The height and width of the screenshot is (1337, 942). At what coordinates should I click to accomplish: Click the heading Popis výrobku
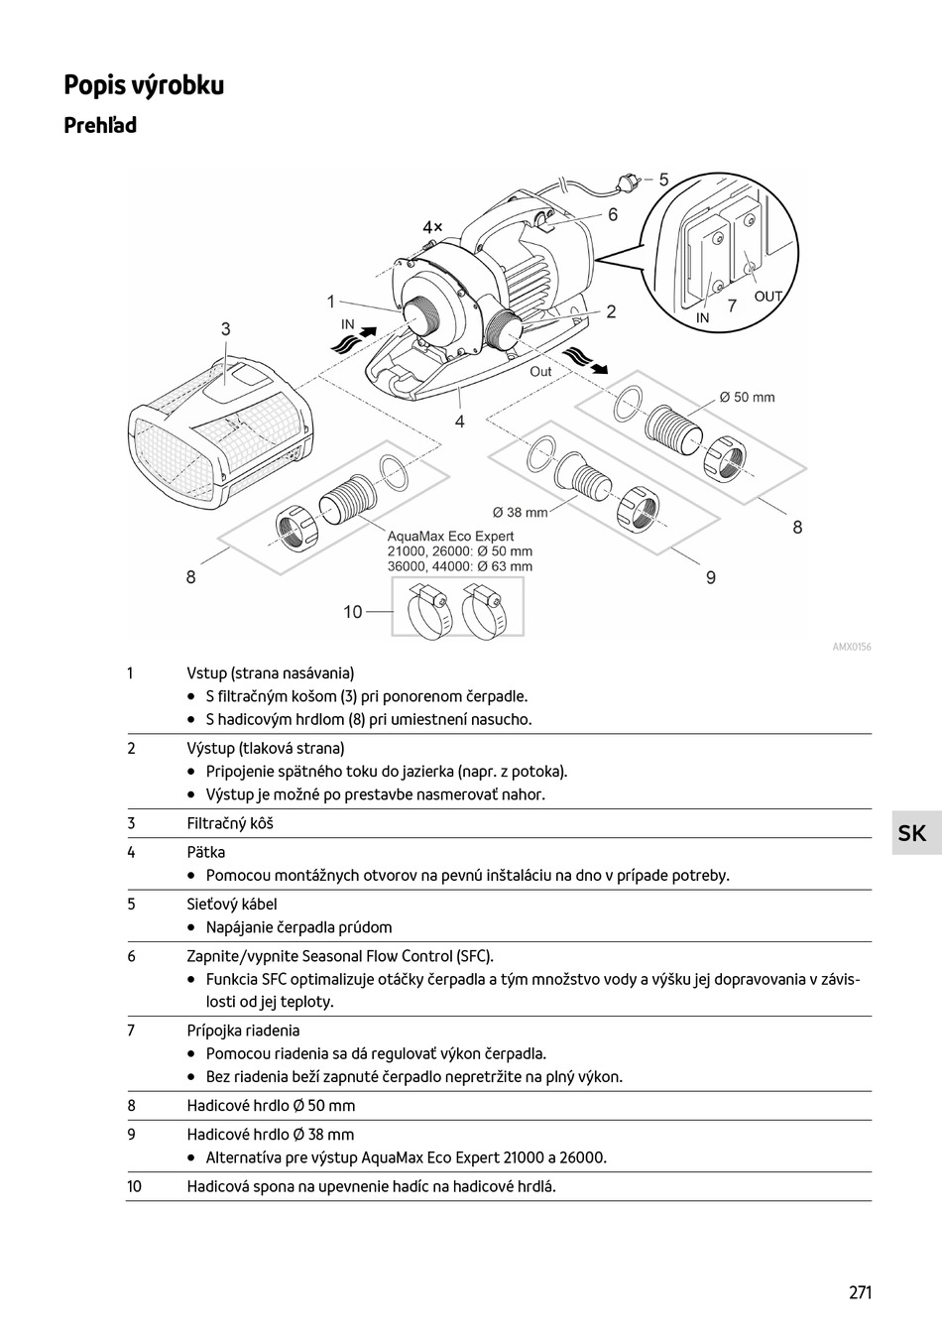144,85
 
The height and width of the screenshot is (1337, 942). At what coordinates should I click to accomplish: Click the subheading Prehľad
100,126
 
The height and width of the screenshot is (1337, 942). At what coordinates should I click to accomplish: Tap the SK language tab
911,833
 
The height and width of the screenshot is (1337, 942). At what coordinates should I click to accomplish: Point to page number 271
860,1292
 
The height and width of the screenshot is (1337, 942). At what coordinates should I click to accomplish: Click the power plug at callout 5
627,182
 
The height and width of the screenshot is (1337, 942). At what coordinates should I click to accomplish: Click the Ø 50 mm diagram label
747,398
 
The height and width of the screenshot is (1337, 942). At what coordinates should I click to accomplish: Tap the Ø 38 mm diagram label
520,513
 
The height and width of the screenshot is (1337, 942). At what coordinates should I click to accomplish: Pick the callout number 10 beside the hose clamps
353,612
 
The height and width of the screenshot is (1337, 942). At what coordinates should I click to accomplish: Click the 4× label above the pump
432,227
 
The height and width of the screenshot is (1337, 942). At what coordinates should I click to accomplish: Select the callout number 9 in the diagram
711,577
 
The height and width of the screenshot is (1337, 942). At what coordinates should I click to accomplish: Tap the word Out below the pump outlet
540,372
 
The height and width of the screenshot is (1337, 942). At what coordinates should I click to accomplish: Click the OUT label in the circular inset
768,297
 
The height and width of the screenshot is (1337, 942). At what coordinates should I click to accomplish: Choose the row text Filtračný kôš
230,823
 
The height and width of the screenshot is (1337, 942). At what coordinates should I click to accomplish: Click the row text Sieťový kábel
232,905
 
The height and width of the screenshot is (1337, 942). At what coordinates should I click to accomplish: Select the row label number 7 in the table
131,1031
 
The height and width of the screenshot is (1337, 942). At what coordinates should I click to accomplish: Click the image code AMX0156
852,648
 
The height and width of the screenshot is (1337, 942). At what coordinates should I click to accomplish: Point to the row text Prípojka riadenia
243,1031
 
